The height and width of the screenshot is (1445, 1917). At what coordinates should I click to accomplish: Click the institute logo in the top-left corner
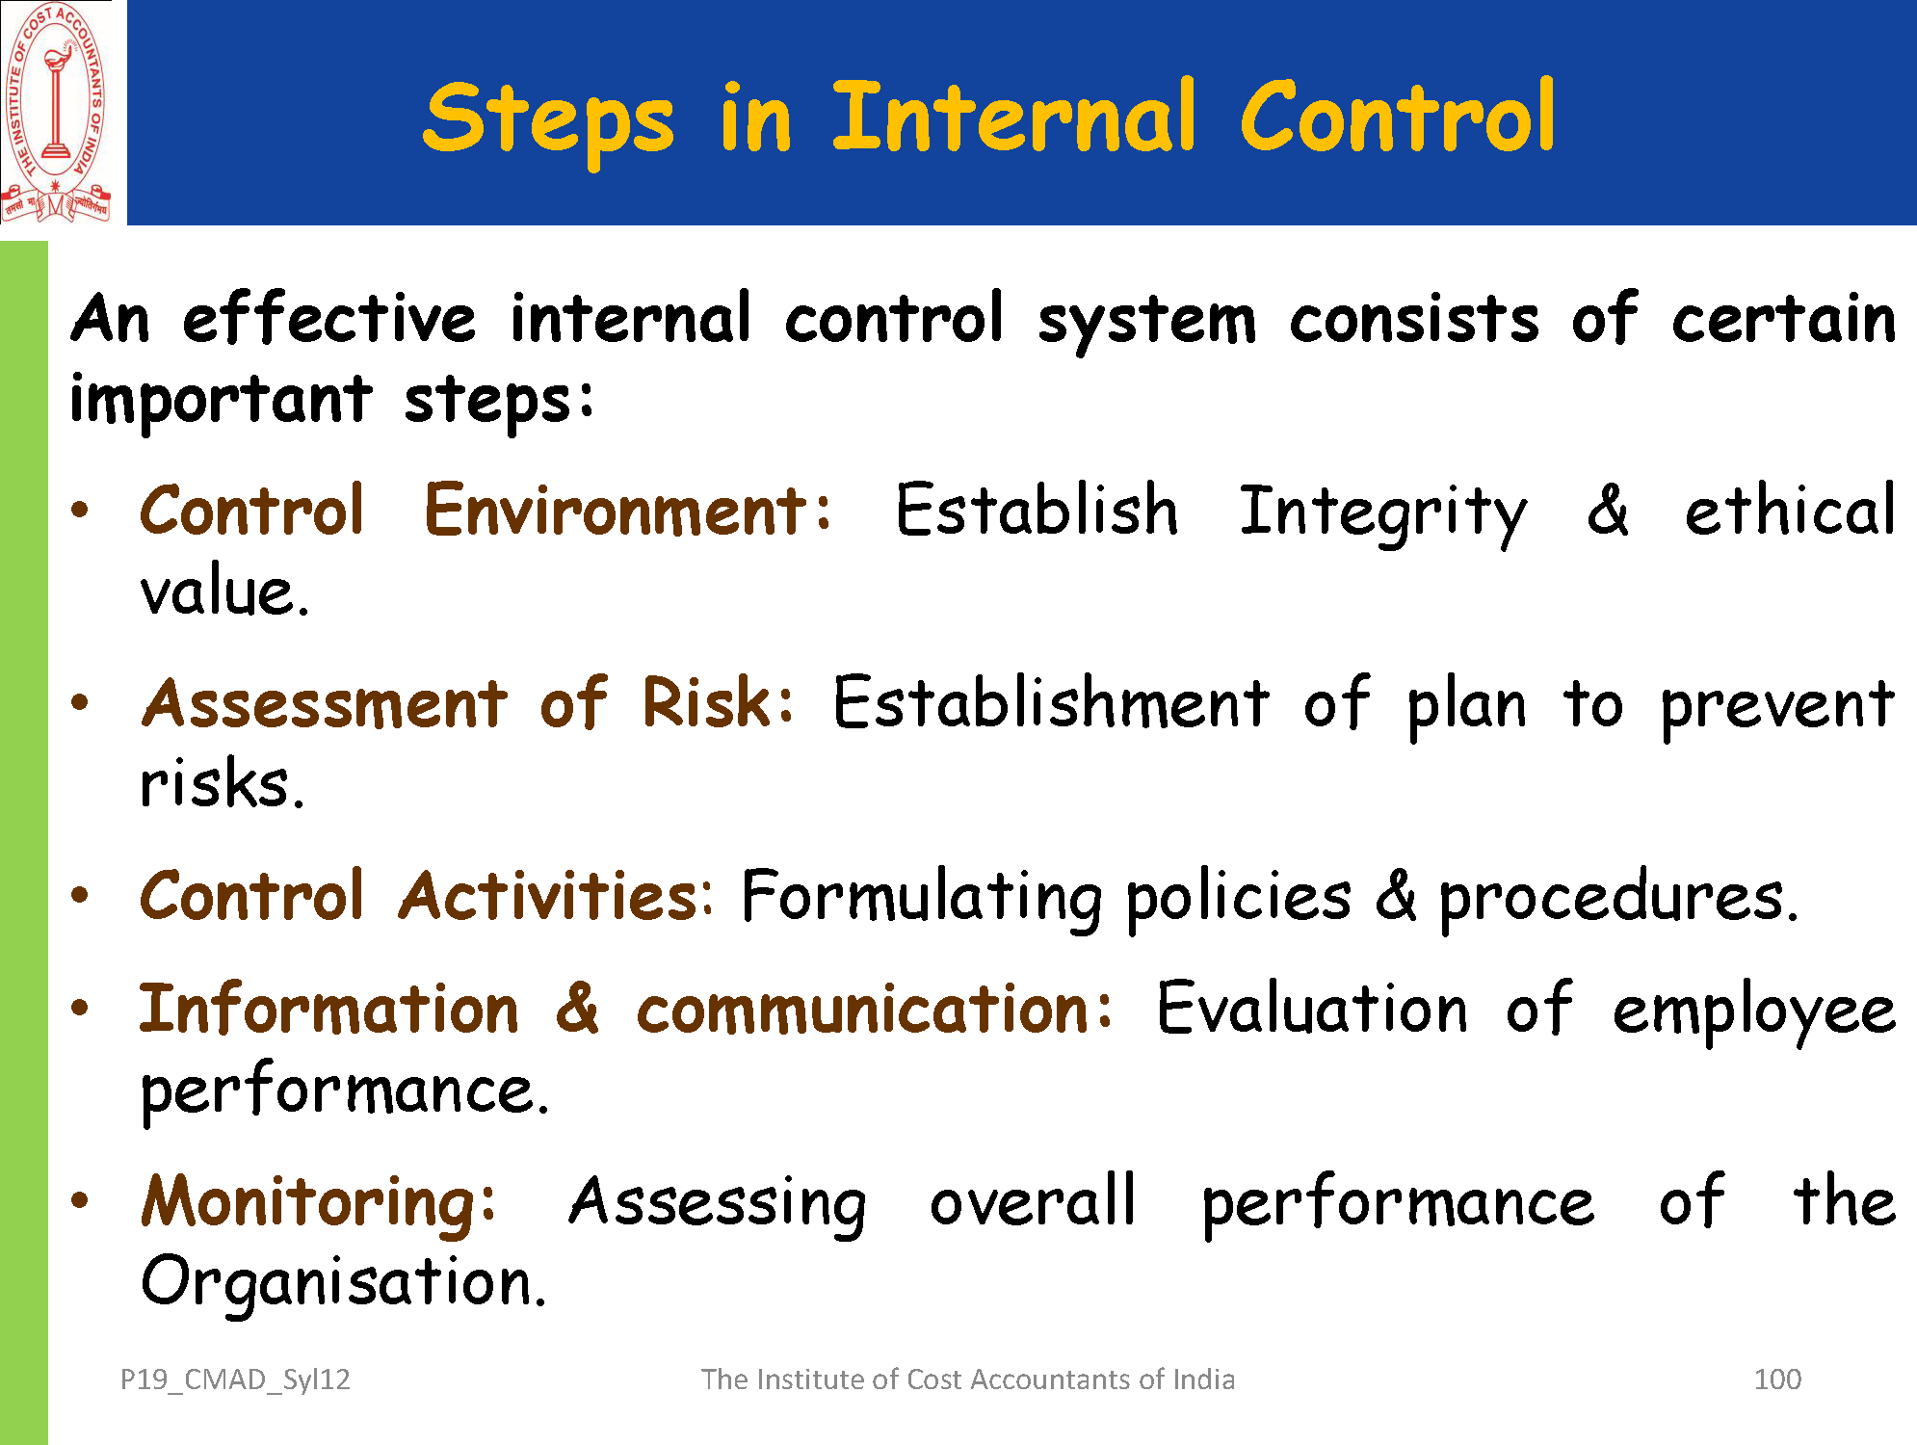[x=57, y=113]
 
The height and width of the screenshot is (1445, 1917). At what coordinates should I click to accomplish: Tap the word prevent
[x=1777, y=708]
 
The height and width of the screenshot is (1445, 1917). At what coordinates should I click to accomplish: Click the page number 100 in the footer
[x=1777, y=1379]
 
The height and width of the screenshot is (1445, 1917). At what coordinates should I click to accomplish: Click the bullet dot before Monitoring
[x=80, y=1200]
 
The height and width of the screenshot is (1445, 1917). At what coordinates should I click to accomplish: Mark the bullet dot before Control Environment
[x=80, y=510]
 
